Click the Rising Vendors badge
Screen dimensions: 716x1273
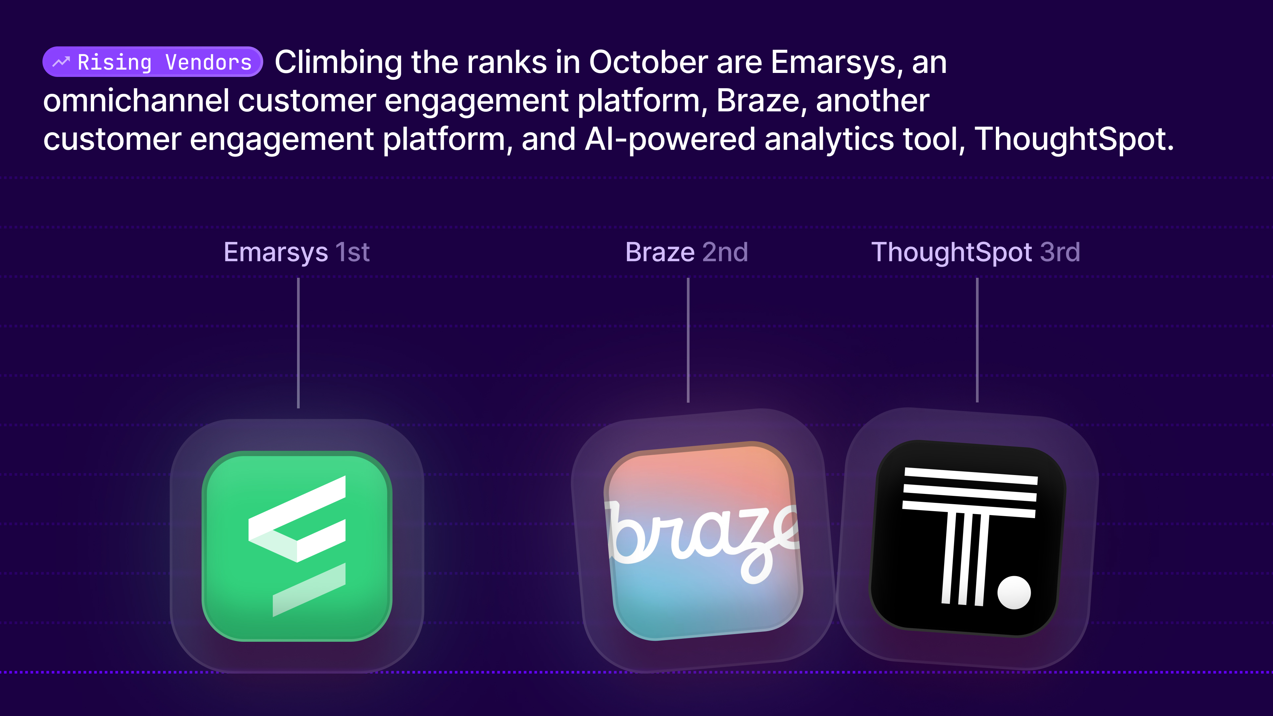coord(152,62)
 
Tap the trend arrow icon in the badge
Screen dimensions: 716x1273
coord(61,62)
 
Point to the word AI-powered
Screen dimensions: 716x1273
coord(670,139)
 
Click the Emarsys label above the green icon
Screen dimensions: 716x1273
coord(275,253)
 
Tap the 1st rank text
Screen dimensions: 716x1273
coord(352,253)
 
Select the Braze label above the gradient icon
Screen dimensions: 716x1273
coord(660,253)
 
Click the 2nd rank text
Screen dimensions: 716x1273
coord(725,253)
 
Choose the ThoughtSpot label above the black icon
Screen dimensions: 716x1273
coord(951,253)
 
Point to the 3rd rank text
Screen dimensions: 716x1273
coord(1060,253)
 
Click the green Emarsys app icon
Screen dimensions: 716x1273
coord(297,546)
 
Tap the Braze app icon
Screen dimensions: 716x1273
coord(703,541)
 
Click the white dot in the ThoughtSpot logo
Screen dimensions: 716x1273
coord(1014,592)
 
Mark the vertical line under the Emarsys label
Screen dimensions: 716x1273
coord(298,343)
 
